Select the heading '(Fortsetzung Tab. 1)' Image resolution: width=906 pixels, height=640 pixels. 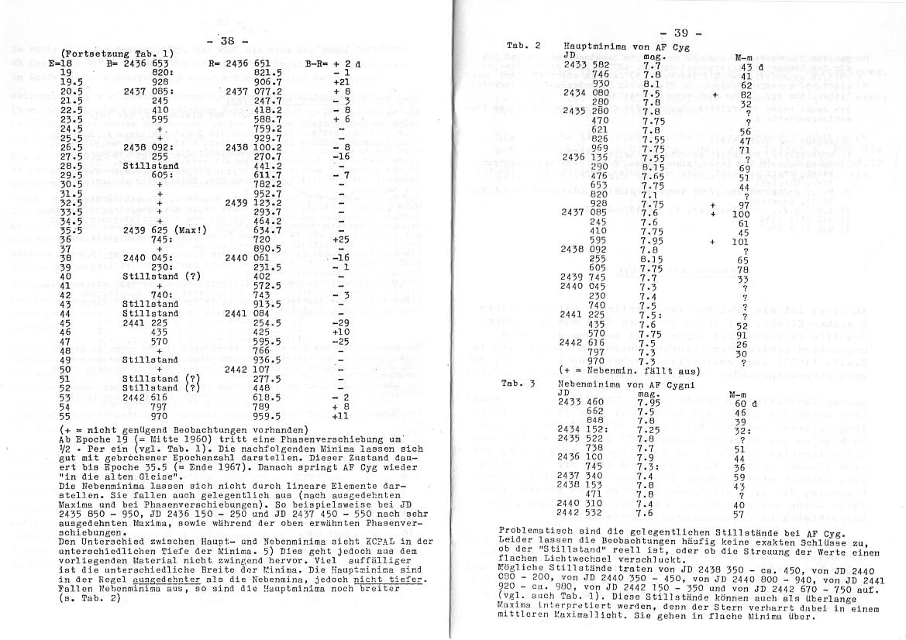point(109,53)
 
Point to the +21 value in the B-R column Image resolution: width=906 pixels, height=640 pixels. point(340,81)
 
